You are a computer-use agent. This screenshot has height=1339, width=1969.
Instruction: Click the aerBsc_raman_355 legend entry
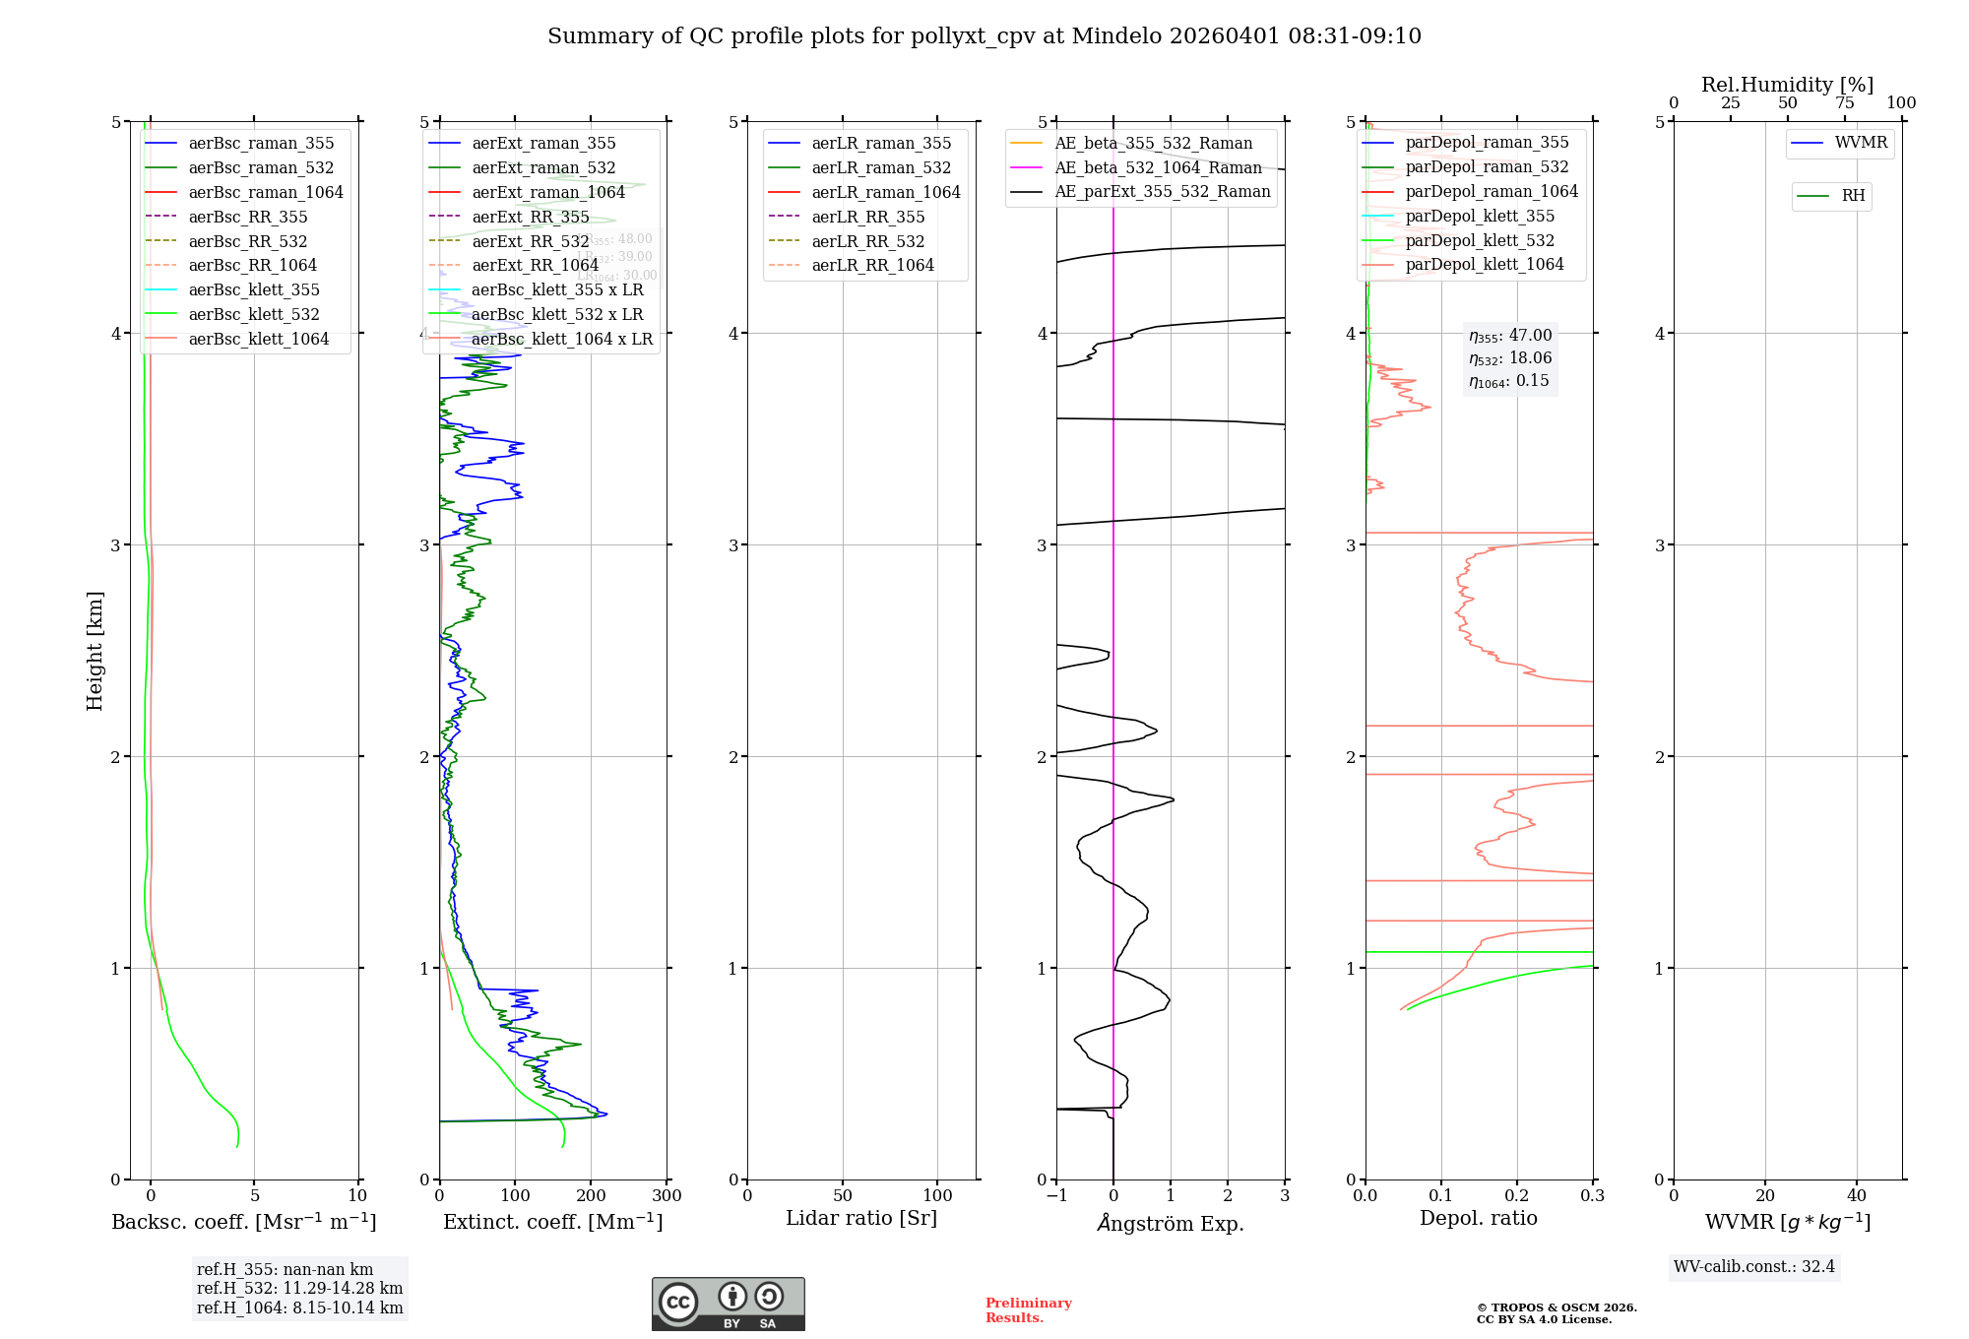pyautogui.click(x=261, y=144)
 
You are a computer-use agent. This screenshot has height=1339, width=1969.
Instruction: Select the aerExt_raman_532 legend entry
pyautogui.click(x=543, y=168)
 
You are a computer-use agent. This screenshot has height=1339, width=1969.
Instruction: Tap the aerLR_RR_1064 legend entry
pyautogui.click(x=872, y=266)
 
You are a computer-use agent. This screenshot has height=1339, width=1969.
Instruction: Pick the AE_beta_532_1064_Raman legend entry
pyautogui.click(x=1158, y=168)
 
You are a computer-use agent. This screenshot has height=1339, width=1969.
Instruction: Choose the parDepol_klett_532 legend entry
pyautogui.click(x=1480, y=241)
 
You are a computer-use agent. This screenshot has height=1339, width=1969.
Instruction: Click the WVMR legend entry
pyautogui.click(x=1861, y=143)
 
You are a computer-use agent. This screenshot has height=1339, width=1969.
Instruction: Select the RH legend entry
pyautogui.click(x=1853, y=196)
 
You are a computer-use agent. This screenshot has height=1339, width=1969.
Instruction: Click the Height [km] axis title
pyautogui.click(x=95, y=650)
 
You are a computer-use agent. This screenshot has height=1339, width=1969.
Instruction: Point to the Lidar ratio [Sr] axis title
pyautogui.click(x=861, y=1218)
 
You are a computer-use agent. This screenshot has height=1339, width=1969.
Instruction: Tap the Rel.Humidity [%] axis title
pyautogui.click(x=1787, y=85)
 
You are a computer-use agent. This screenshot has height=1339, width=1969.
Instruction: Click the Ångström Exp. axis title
pyautogui.click(x=1171, y=1223)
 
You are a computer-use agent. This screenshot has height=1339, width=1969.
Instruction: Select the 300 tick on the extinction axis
pyautogui.click(x=667, y=1196)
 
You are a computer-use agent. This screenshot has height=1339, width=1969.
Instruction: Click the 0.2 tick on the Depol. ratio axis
pyautogui.click(x=1517, y=1196)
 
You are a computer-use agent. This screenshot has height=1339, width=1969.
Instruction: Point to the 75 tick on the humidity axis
pyautogui.click(x=1844, y=103)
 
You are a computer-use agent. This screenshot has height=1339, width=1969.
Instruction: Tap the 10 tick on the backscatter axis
pyautogui.click(x=357, y=1196)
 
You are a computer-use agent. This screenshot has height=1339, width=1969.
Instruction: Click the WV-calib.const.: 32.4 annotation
pyautogui.click(x=1754, y=1266)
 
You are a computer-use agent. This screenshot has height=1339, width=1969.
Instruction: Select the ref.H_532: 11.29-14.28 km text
pyautogui.click(x=299, y=1289)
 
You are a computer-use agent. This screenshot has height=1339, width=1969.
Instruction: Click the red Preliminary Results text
pyautogui.click(x=1028, y=1310)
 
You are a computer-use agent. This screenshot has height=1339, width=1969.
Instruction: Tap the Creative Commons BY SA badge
pyautogui.click(x=728, y=1305)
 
